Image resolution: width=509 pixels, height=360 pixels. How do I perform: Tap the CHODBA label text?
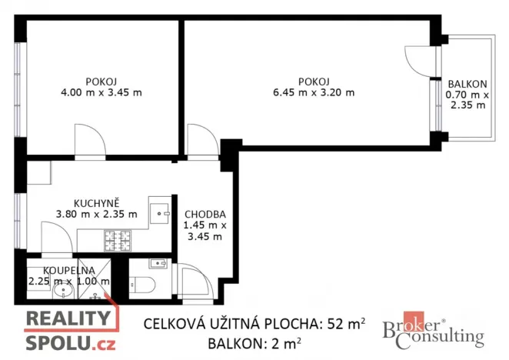pyautogui.click(x=204, y=214)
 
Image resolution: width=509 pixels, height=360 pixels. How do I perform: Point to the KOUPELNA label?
pyautogui.click(x=69, y=269)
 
